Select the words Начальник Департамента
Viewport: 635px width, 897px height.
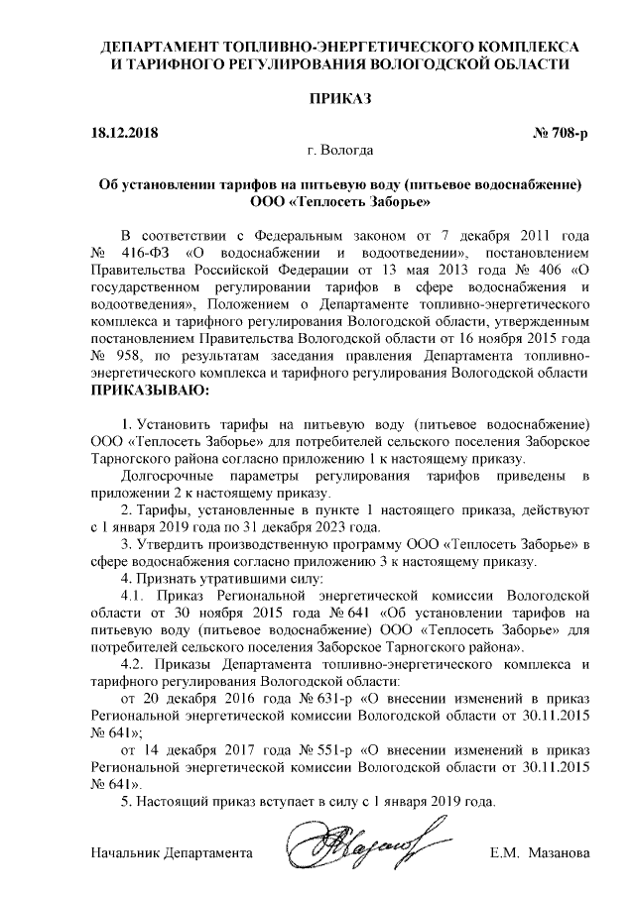click(170, 852)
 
